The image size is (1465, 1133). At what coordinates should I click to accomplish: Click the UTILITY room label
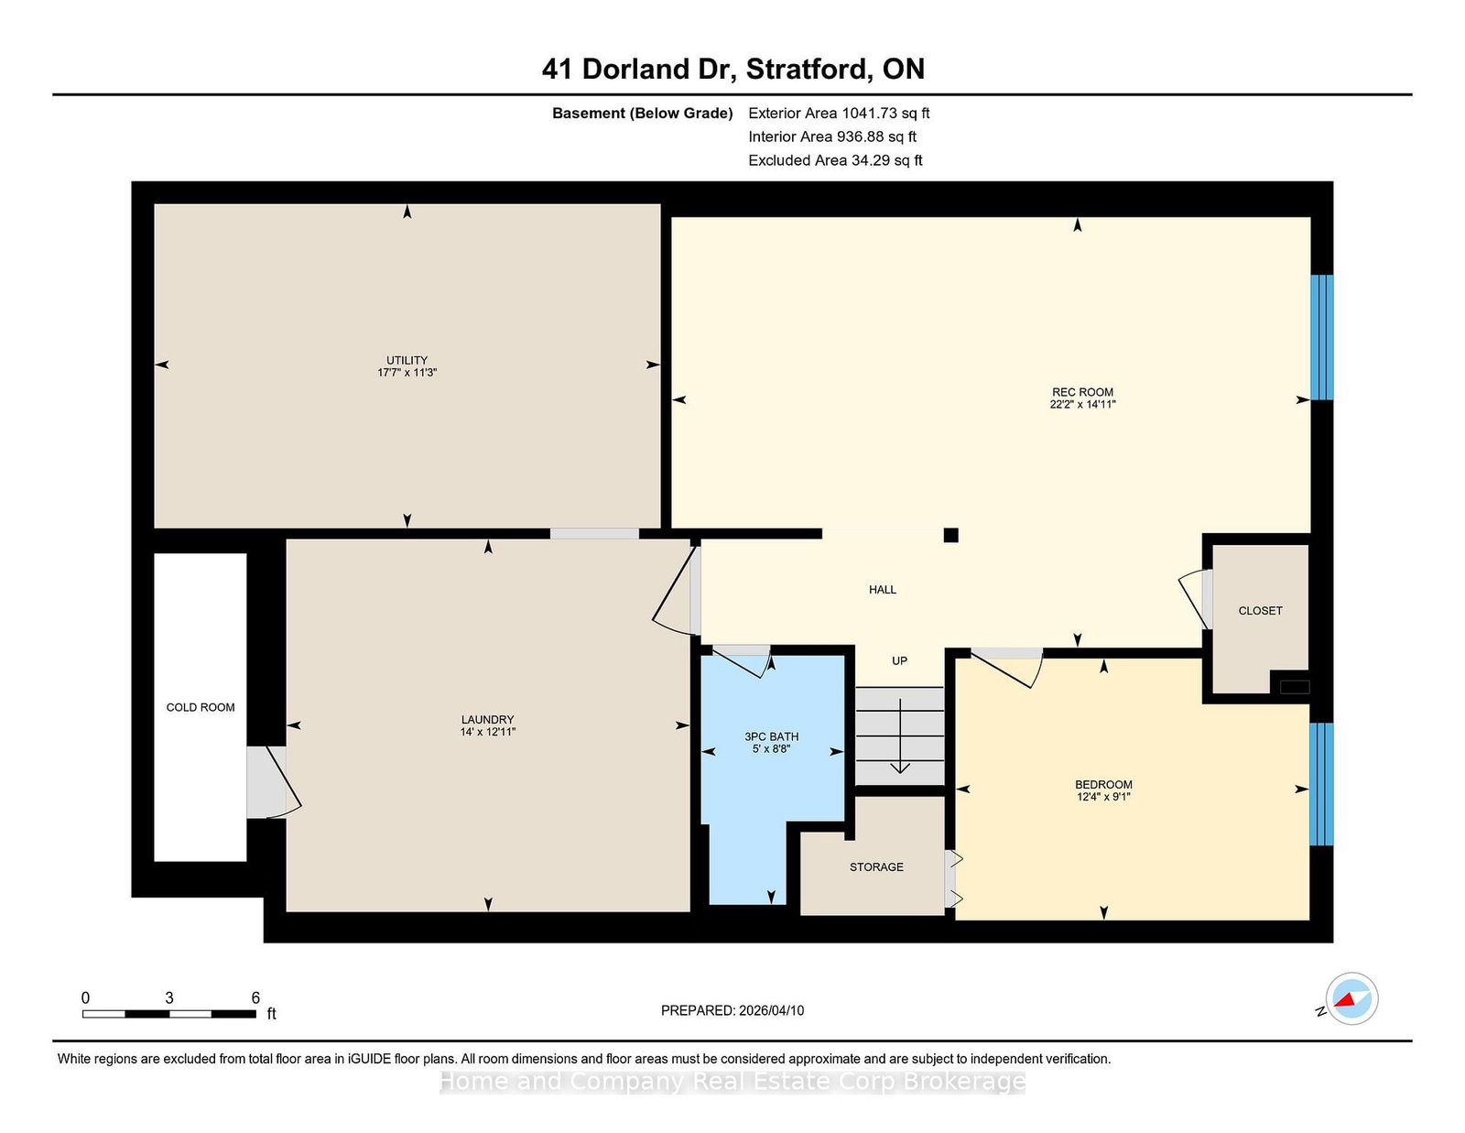pyautogui.click(x=407, y=360)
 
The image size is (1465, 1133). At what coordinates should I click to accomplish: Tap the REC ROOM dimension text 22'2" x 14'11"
pyautogui.click(x=1083, y=405)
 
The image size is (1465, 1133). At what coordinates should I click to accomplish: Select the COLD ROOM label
pyautogui.click(x=201, y=707)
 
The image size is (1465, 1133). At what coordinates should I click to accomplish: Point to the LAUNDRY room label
pyautogui.click(x=487, y=720)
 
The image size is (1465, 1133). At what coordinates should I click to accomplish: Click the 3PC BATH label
pyautogui.click(x=771, y=736)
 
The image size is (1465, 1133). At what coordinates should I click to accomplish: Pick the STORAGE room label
pyautogui.click(x=876, y=867)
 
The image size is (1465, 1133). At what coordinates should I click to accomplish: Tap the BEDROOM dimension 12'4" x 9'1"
pyautogui.click(x=1103, y=797)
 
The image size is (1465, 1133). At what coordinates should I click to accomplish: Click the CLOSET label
pyautogui.click(x=1260, y=611)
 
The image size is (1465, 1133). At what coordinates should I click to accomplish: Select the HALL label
pyautogui.click(x=883, y=590)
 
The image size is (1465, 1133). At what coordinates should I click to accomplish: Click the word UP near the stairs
pyautogui.click(x=899, y=661)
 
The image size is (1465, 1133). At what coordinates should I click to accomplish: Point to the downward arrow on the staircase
pyautogui.click(x=900, y=736)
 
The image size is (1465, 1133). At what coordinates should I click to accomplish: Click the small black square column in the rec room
pyautogui.click(x=950, y=536)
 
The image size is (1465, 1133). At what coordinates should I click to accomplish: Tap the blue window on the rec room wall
pyautogui.click(x=1321, y=337)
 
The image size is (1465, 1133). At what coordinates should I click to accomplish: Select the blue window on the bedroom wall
pyautogui.click(x=1321, y=784)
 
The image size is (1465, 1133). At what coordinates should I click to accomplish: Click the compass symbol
pyautogui.click(x=1351, y=999)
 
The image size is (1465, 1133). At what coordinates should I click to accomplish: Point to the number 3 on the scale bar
pyautogui.click(x=169, y=998)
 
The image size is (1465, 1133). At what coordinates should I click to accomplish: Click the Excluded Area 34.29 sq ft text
pyautogui.click(x=835, y=160)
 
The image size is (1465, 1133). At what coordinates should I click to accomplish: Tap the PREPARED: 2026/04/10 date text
pyautogui.click(x=732, y=1011)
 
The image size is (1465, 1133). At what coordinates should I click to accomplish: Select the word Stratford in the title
pyautogui.click(x=807, y=69)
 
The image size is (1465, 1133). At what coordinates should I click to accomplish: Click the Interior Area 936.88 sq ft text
pyautogui.click(x=832, y=136)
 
